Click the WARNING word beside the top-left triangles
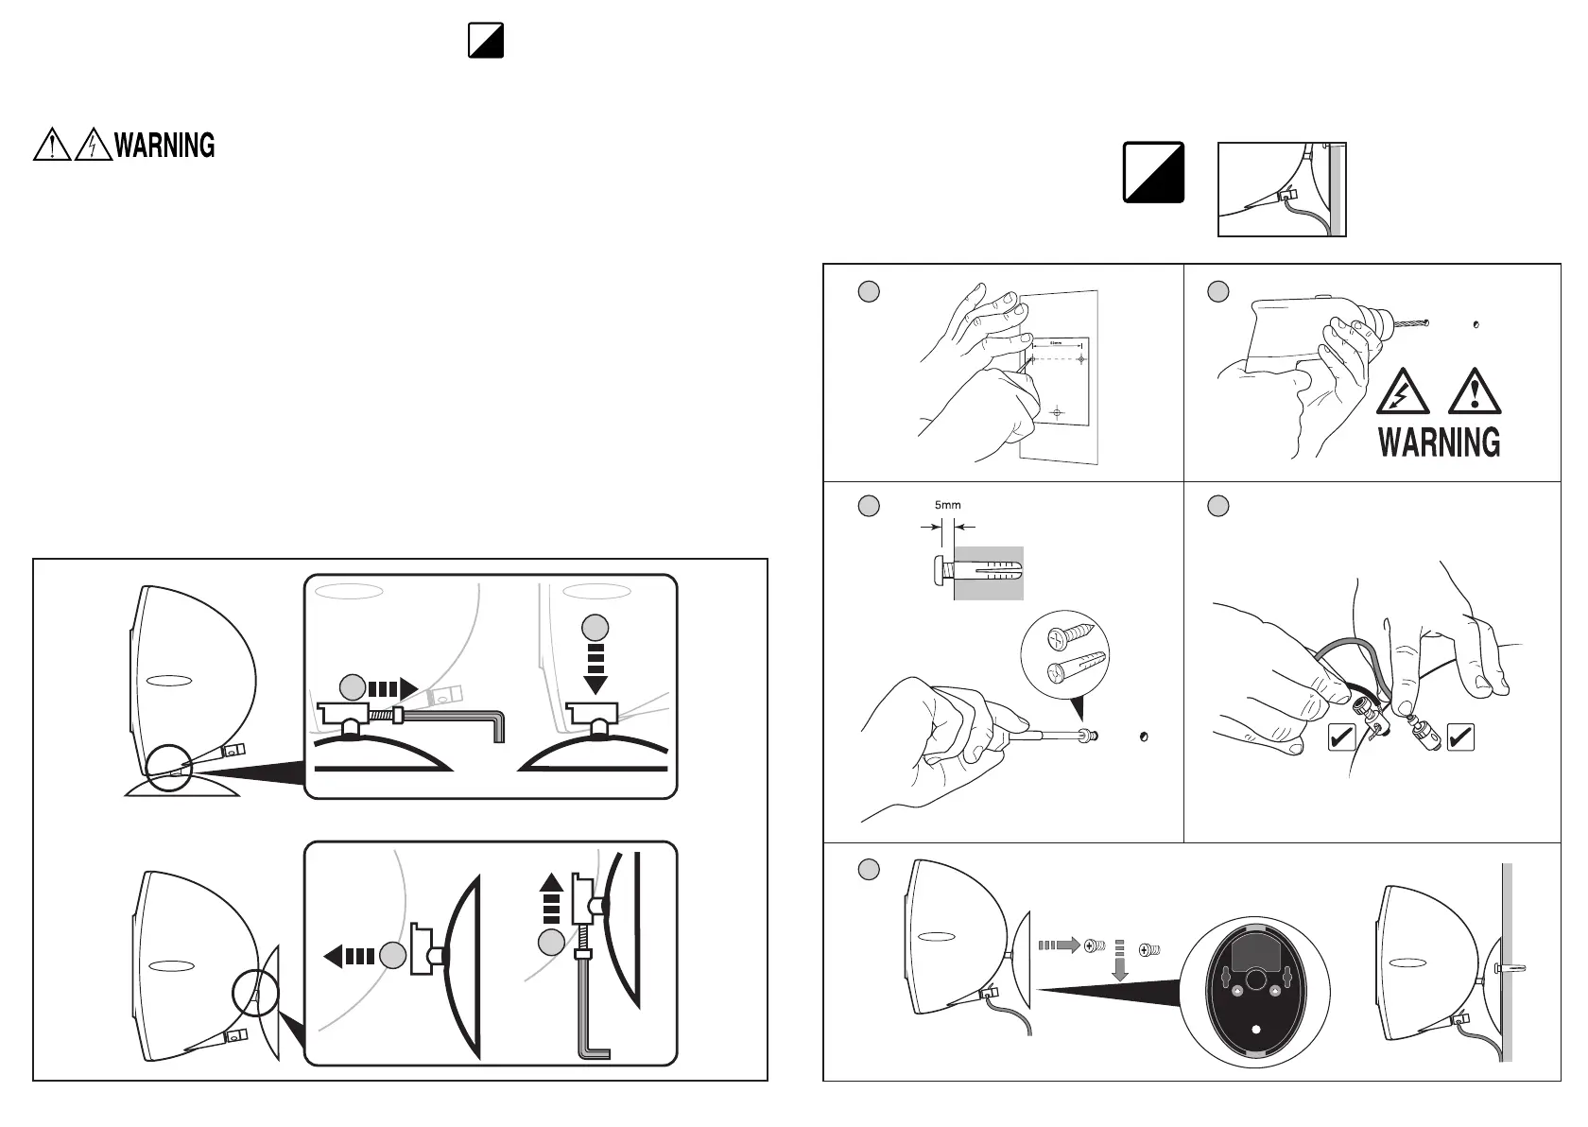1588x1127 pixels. (164, 146)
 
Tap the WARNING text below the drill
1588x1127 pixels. (1439, 442)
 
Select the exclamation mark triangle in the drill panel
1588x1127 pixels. (1474, 392)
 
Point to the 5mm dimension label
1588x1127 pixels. (947, 505)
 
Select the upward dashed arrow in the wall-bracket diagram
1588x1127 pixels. (553, 899)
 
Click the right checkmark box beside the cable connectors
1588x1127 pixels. (1460, 736)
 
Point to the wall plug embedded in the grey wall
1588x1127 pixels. (988, 572)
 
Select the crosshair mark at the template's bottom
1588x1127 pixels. (1058, 412)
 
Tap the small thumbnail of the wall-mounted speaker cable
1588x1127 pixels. (1281, 189)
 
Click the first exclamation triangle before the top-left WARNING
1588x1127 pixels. (52, 146)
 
